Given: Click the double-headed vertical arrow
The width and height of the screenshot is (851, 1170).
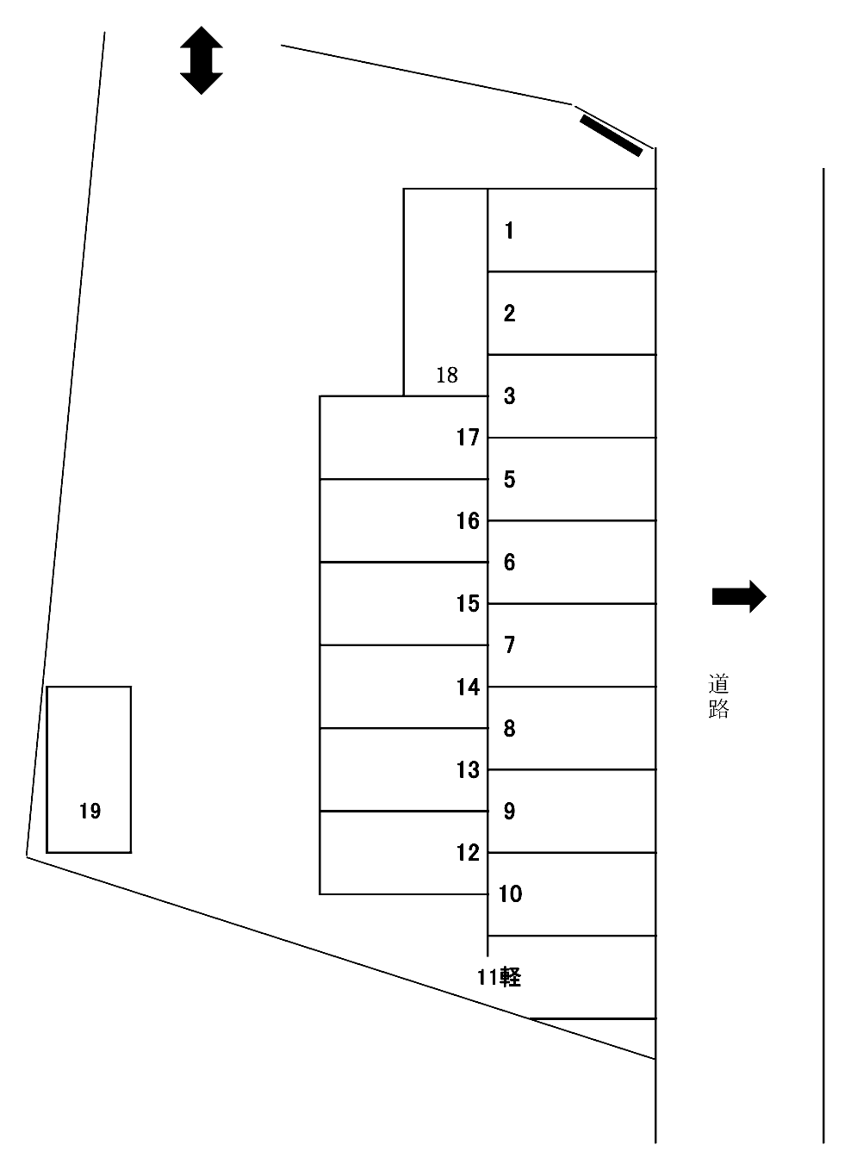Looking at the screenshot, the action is pyautogui.click(x=201, y=60).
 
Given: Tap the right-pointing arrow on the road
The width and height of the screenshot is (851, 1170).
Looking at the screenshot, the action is pyautogui.click(x=739, y=596).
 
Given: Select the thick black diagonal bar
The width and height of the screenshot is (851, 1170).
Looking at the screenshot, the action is pyautogui.click(x=611, y=136).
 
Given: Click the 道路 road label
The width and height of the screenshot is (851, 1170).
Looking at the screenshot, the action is pyautogui.click(x=718, y=696).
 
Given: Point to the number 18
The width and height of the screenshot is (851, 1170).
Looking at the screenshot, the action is pyautogui.click(x=447, y=375).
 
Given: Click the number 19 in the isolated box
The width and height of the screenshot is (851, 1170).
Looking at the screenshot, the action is pyautogui.click(x=90, y=811).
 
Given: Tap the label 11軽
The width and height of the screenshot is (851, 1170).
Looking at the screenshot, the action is pyautogui.click(x=499, y=977).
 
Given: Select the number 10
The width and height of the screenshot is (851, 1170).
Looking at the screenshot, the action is pyautogui.click(x=510, y=893).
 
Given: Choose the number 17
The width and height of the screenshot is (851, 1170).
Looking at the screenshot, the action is pyautogui.click(x=468, y=438).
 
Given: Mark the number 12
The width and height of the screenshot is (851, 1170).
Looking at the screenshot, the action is pyautogui.click(x=468, y=852).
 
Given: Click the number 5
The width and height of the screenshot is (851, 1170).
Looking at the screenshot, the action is pyautogui.click(x=510, y=479).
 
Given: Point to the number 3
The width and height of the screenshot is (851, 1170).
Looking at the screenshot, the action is pyautogui.click(x=510, y=396).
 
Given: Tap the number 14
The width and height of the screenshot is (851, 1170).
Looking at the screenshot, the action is pyautogui.click(x=468, y=687).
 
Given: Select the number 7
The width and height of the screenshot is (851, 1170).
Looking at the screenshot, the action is pyautogui.click(x=510, y=645).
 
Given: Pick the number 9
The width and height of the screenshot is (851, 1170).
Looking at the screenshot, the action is pyautogui.click(x=510, y=811).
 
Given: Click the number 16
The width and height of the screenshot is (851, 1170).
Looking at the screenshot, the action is pyautogui.click(x=468, y=520).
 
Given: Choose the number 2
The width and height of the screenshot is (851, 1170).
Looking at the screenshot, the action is pyautogui.click(x=510, y=314).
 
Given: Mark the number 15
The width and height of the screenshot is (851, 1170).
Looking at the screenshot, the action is pyautogui.click(x=468, y=604).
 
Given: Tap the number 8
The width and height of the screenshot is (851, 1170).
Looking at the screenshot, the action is pyautogui.click(x=510, y=728).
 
